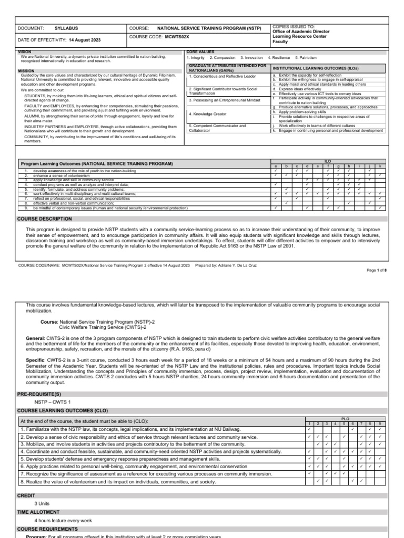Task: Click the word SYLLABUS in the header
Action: coord(67,29)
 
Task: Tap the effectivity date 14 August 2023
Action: coord(85,40)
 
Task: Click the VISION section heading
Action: coord(25,52)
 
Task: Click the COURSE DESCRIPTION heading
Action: coord(45,218)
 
